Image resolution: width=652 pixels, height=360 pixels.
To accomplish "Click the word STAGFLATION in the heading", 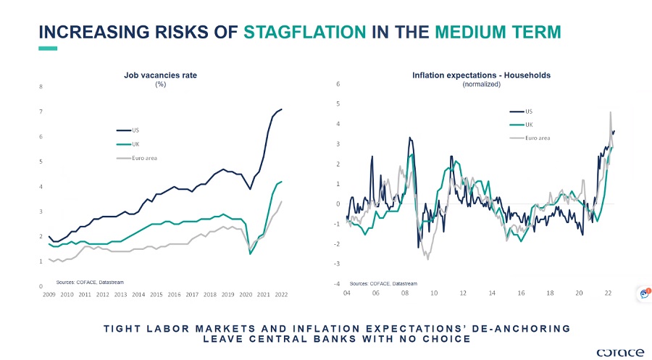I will pos(304,33).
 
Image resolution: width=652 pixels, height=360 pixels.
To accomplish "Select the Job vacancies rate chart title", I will pos(160,75).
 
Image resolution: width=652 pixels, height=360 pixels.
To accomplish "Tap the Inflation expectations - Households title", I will pos(481,75).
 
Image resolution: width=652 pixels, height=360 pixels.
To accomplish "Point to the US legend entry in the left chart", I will pos(135,130).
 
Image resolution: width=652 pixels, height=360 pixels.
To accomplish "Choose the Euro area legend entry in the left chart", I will pos(144,157).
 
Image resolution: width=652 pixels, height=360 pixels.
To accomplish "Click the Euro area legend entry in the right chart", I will pos(538,137).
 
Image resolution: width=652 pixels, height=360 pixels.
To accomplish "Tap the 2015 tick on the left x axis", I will pos(156,295).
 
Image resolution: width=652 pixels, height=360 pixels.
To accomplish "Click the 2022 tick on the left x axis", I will pos(280,295).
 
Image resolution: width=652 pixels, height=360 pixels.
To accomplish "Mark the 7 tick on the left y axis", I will pos(41,112).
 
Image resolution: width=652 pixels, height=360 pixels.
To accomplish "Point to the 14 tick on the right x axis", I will pos(492,293).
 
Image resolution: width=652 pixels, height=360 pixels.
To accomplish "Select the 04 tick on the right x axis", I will pos(347,293).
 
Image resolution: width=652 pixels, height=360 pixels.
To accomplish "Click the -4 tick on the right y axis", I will pos(338,283).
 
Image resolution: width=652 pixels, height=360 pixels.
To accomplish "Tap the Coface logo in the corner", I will pos(619,351).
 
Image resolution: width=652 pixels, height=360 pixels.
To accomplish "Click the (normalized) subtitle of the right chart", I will pos(481,85).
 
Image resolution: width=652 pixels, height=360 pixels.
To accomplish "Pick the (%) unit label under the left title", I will pos(160,85).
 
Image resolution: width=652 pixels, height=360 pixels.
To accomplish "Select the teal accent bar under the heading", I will pos(47,49).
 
